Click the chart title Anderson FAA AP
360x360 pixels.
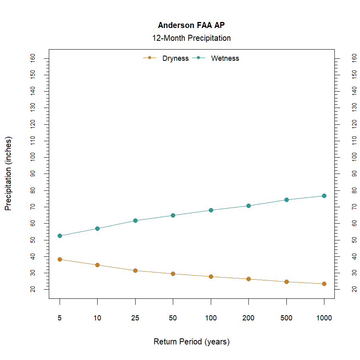[191, 25]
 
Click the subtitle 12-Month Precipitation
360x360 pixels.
[191, 38]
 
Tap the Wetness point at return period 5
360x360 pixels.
[60, 236]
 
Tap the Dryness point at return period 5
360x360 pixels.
[60, 259]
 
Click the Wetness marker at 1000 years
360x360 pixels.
[324, 196]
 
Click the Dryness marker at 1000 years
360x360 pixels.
[324, 284]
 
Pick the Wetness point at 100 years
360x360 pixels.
[211, 210]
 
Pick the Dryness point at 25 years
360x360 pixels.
[135, 270]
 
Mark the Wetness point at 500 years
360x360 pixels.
[286, 200]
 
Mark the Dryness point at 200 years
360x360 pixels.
[248, 279]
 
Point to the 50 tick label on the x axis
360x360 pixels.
[173, 318]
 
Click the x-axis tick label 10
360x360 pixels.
[97, 318]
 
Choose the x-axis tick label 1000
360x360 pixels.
[324, 318]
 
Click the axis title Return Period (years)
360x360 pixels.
[191, 342]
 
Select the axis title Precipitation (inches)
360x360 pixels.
[8, 174]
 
